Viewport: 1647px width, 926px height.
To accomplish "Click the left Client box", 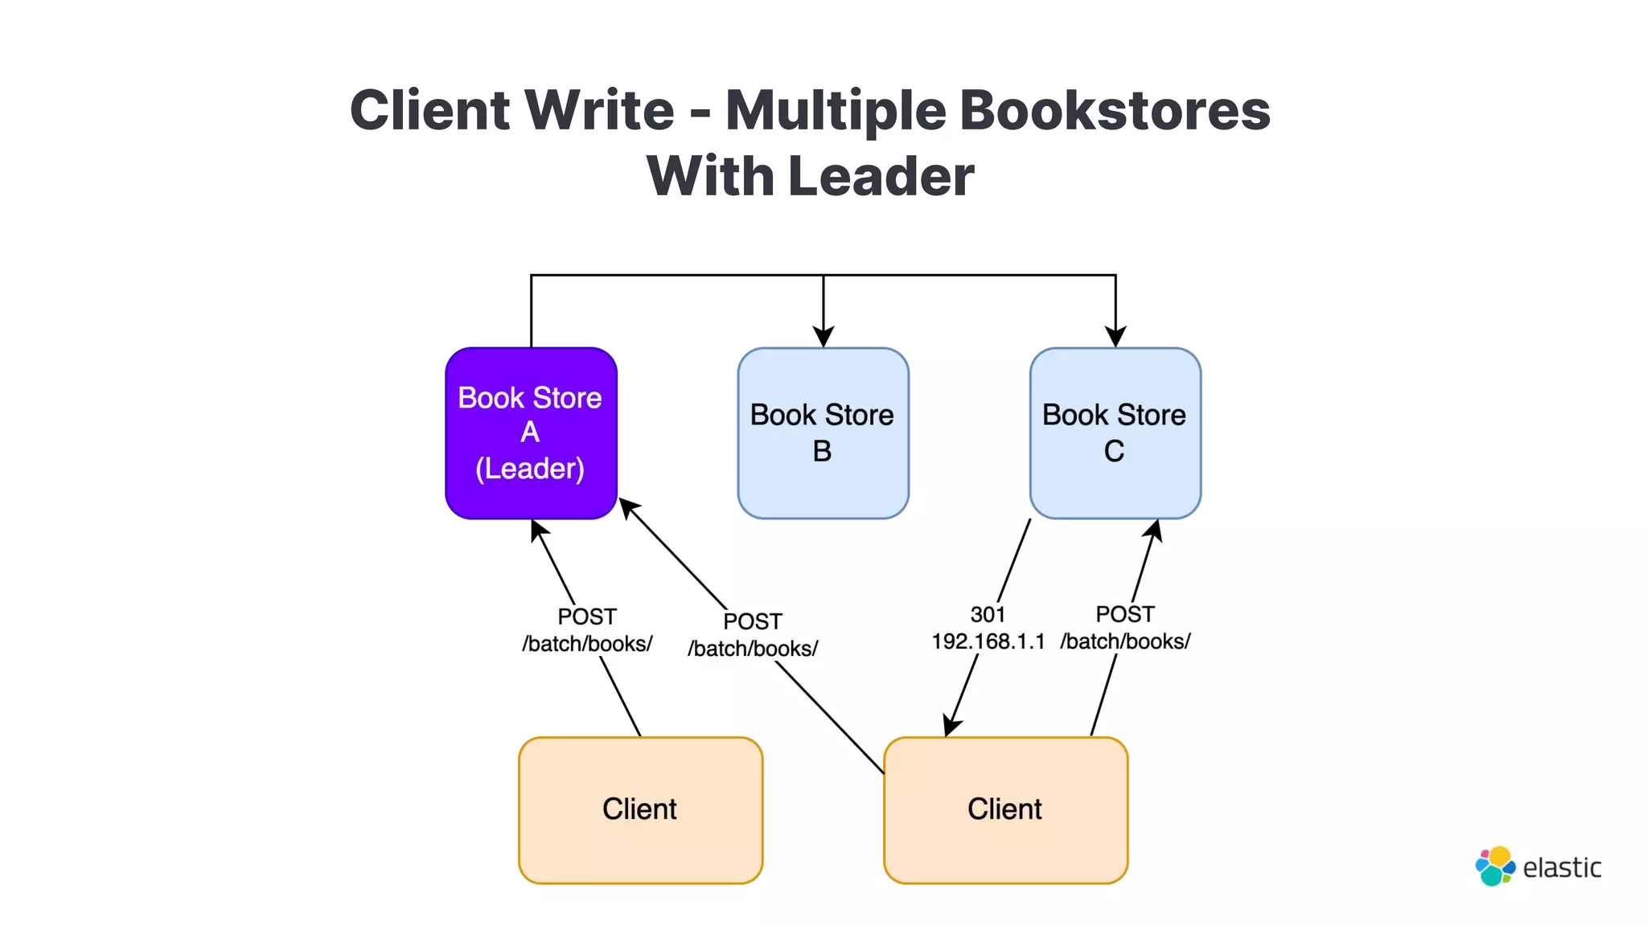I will (640, 810).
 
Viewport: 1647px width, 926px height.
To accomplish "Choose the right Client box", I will (1005, 810).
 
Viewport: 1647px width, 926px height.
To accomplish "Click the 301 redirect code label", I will (988, 615).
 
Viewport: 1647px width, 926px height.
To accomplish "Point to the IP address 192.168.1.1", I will (988, 641).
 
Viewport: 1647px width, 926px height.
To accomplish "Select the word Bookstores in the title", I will (1115, 110).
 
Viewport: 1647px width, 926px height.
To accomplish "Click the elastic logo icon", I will (1495, 867).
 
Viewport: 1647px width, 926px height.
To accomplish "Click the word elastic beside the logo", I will (1562, 868).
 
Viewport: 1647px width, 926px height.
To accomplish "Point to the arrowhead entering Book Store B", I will (823, 336).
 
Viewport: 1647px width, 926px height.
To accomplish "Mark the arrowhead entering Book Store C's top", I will (1115, 336).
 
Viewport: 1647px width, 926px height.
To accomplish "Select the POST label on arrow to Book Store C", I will (1124, 615).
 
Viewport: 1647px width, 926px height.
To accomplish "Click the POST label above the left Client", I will (586, 617).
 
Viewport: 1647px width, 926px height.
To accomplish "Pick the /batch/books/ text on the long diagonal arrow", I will (753, 649).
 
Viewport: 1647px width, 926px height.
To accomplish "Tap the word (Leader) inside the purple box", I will (530, 469).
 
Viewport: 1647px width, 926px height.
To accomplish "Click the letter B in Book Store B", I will (822, 451).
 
